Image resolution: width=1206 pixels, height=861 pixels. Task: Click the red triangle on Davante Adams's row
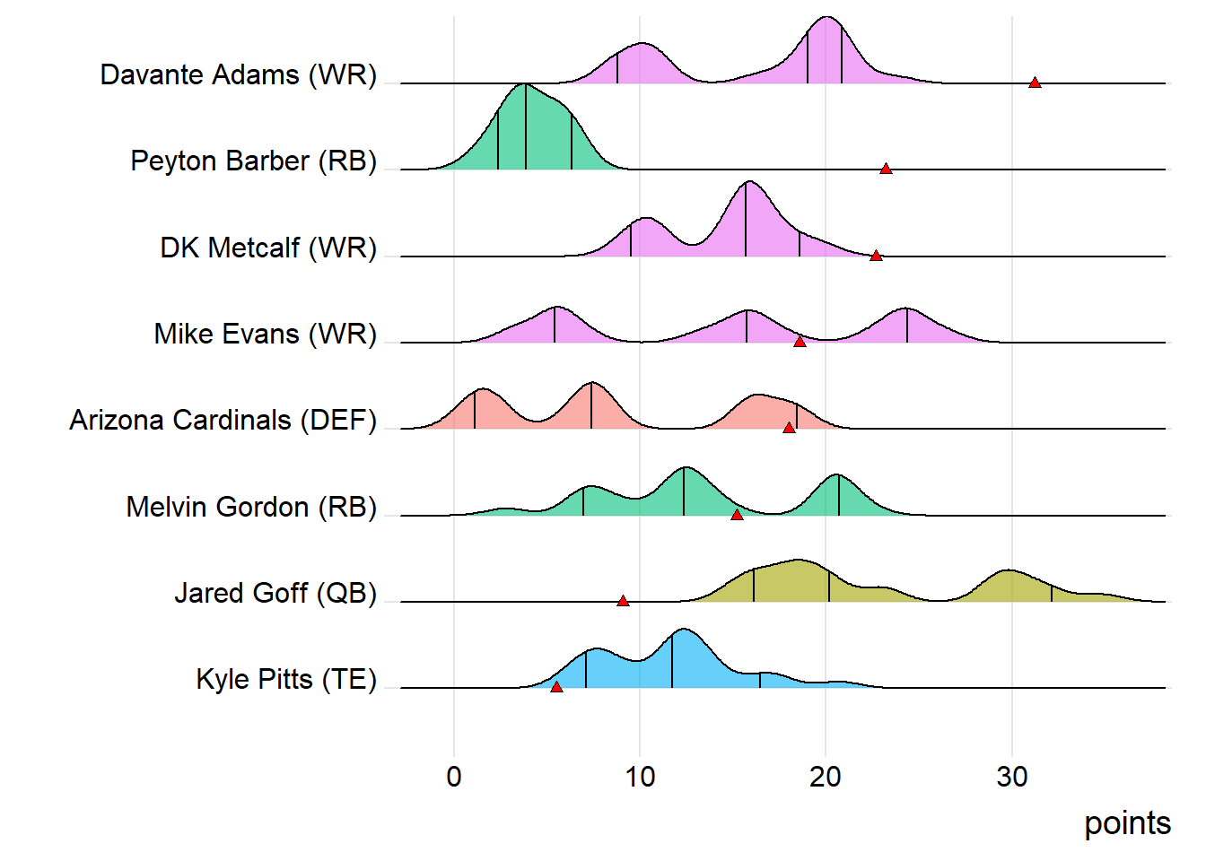[1035, 83]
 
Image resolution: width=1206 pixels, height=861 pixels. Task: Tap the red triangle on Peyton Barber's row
[886, 169]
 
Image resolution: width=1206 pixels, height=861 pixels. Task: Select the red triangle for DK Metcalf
[876, 256]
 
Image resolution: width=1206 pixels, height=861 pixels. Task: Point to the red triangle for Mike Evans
[800, 342]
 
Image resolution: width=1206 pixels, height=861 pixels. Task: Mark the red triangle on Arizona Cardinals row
[789, 428]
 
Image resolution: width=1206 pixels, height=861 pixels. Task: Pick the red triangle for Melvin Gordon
[737, 515]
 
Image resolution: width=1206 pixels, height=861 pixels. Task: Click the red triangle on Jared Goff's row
[623, 601]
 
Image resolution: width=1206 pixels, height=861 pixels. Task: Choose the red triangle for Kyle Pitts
[556, 687]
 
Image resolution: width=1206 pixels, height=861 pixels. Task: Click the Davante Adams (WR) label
[238, 74]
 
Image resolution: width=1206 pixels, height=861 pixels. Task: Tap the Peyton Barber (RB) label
[253, 161]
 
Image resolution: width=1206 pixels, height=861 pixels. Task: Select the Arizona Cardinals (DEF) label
[223, 420]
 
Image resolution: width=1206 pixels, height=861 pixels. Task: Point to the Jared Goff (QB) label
[275, 593]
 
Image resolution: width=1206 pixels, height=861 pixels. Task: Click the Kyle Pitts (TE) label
[286, 679]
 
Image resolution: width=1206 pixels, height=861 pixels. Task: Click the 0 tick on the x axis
[454, 776]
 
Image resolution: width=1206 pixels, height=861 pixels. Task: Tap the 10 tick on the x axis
[640, 776]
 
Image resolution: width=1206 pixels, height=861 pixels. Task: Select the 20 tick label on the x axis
[826, 776]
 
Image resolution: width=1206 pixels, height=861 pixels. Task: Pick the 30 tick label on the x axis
[1012, 776]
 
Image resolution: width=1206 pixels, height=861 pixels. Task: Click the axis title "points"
[1127, 823]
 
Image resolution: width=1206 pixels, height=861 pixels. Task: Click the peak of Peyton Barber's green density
[524, 84]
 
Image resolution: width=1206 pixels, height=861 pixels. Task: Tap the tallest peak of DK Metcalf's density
[747, 182]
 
